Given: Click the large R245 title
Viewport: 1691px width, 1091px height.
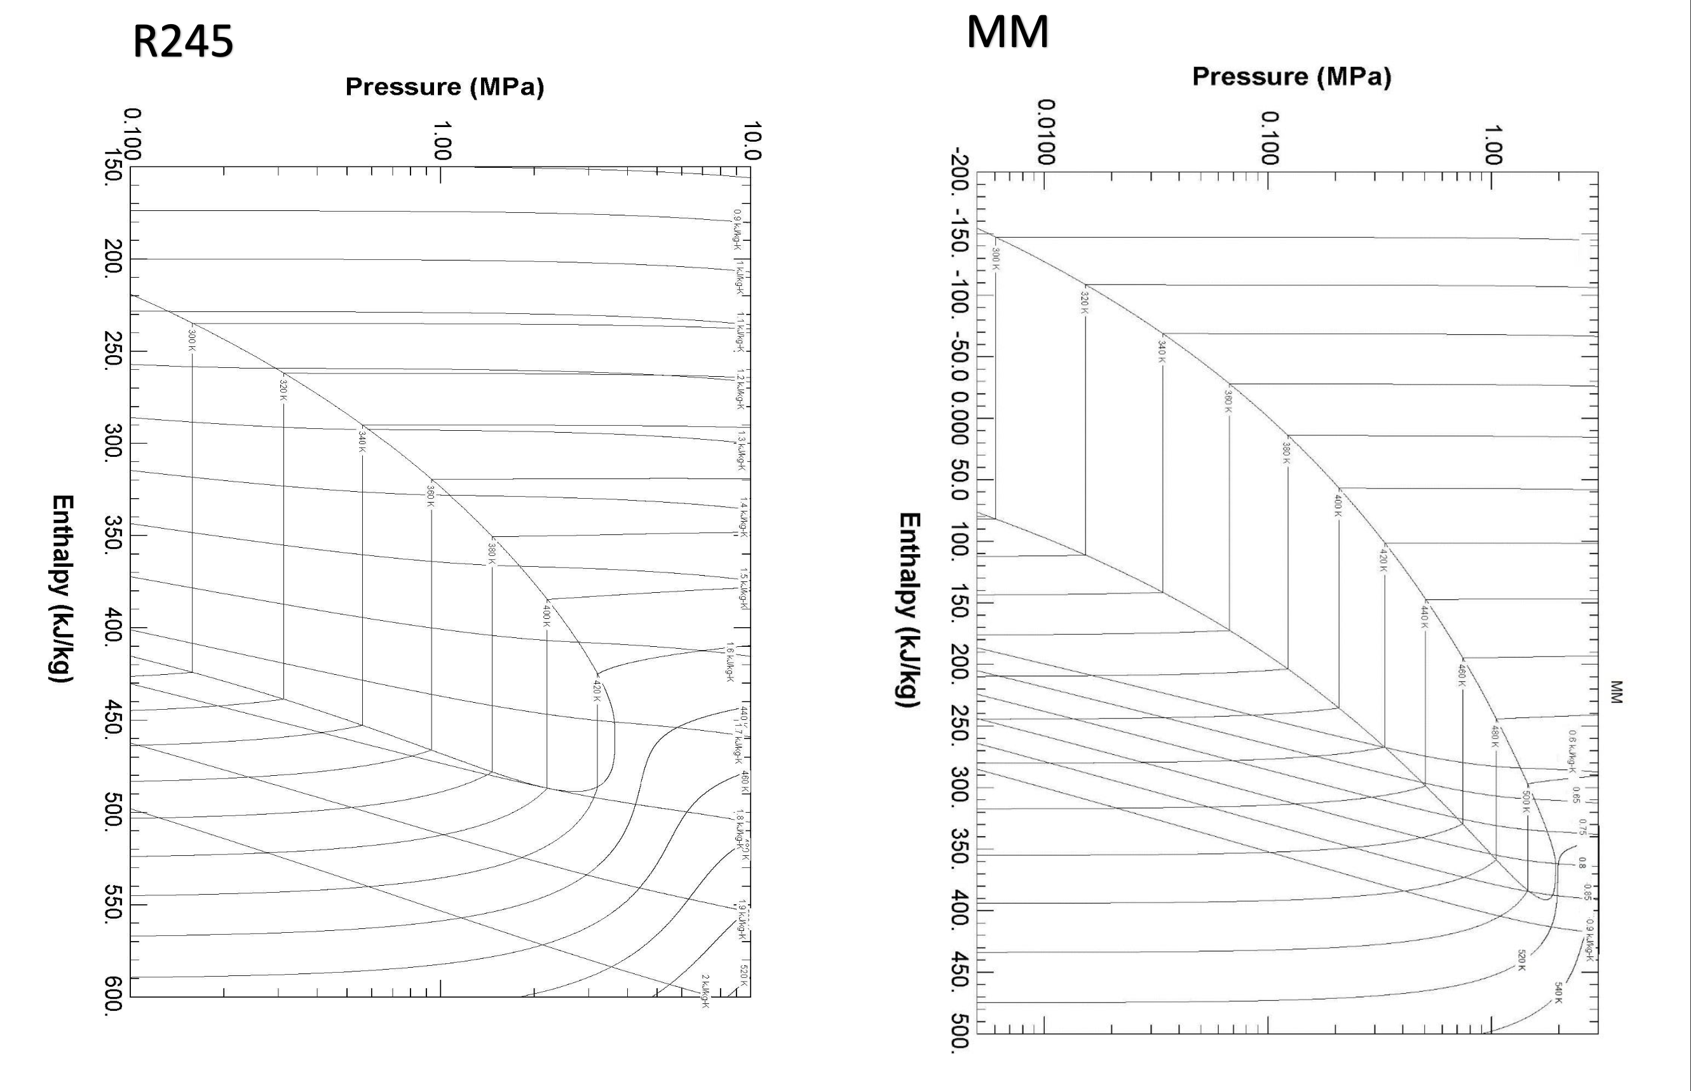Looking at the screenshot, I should point(183,41).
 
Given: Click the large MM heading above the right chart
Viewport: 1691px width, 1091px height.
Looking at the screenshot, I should point(1007,32).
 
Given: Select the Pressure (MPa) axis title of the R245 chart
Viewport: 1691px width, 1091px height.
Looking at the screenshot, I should point(444,87).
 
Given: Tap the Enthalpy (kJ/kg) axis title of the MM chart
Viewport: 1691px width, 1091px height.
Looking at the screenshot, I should point(909,609).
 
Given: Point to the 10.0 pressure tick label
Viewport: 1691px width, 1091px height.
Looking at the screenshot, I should point(752,140).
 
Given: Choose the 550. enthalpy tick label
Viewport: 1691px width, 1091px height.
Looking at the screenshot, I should point(113,904).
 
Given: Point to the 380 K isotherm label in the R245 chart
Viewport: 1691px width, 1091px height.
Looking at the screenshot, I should point(492,553).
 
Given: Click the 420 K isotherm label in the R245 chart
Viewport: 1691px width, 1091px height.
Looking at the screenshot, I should point(597,691).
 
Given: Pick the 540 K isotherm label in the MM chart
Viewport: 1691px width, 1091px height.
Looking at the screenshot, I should point(1559,992).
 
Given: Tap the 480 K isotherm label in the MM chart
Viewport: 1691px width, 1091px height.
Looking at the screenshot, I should point(1495,736).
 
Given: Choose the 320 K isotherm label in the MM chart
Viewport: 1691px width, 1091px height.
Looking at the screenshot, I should point(1084,302).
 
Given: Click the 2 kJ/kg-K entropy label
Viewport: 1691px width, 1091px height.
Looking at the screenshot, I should point(705,991).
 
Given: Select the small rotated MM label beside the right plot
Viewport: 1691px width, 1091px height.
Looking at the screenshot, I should point(1616,691).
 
